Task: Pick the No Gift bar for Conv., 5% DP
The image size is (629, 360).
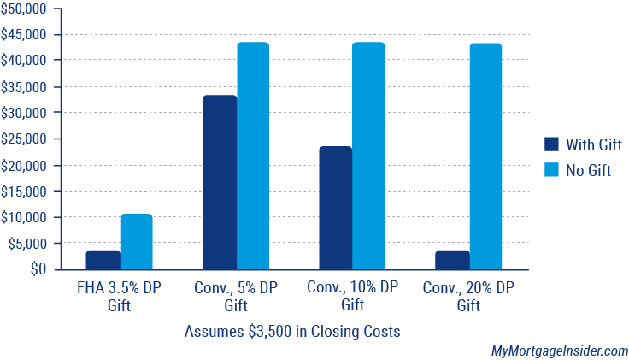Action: tap(253, 156)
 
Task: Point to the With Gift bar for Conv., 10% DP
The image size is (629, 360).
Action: tap(336, 208)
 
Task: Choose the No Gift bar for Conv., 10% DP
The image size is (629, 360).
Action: tap(368, 156)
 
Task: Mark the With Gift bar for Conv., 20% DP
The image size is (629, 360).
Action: tap(452, 260)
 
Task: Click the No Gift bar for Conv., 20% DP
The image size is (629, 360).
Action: tap(485, 156)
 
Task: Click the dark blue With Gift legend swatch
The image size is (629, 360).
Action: tap(551, 145)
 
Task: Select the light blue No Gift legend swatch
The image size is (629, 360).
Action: tap(551, 170)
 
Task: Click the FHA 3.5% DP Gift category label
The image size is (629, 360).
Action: tap(120, 296)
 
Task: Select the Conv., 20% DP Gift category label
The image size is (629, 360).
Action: tap(468, 296)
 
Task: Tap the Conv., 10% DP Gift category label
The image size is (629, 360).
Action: tap(352, 296)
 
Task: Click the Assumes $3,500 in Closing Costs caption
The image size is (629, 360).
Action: tap(292, 330)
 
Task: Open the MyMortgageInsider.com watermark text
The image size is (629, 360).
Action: tap(559, 351)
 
